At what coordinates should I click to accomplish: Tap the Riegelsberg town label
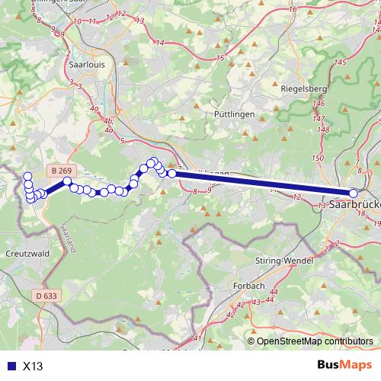coord(304,88)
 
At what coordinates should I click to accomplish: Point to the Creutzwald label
coord(27,251)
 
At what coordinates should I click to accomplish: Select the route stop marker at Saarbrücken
coord(354,194)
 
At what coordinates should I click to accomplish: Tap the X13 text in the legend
coord(33,366)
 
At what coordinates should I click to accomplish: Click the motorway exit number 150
coord(317,158)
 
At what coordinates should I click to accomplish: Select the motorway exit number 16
coord(293,9)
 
